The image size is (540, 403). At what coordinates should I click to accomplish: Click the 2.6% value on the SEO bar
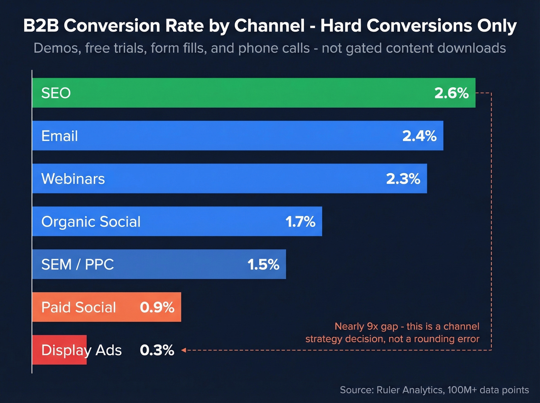451,93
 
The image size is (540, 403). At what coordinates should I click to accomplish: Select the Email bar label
59,136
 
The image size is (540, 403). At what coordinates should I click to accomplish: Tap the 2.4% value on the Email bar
419,136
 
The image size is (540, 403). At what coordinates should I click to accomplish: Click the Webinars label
73,179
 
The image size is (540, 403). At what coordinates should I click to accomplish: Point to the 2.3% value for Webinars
403,179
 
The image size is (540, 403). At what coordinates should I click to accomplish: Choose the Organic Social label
91,221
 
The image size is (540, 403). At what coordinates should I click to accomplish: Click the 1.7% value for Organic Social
300,222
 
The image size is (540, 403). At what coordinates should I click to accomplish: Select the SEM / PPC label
78,264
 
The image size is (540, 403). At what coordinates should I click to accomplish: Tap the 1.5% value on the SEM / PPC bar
263,265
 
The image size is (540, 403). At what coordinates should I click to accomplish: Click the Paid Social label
78,307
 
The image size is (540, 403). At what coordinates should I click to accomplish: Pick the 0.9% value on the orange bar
157,307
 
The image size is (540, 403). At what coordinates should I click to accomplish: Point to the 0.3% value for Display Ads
157,350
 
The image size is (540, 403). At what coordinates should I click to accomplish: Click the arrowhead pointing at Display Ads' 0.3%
184,350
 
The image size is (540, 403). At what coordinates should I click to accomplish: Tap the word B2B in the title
41,26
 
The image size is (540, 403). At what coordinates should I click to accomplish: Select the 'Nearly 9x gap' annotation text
392,332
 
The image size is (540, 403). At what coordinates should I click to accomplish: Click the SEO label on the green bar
56,93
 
